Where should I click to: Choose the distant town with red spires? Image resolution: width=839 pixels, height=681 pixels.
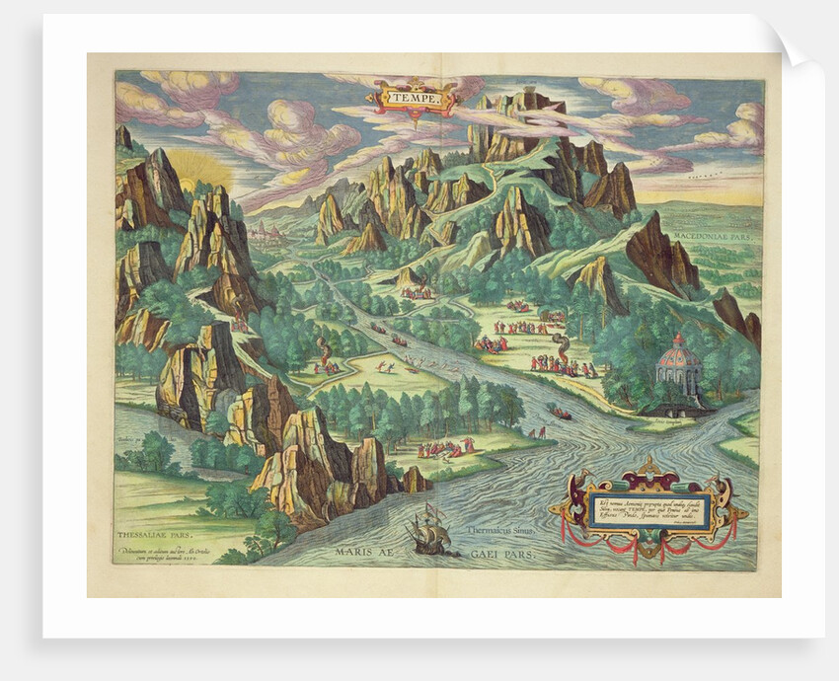tap(265, 231)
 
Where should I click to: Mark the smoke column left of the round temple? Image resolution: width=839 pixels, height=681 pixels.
tap(559, 344)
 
